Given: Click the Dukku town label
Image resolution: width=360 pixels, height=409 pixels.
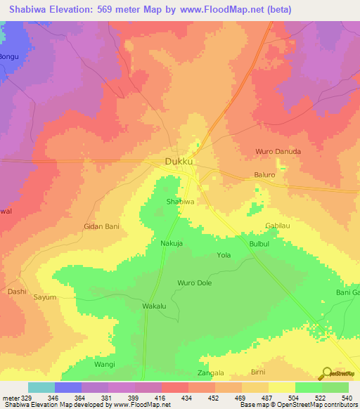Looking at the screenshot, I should tap(179, 162).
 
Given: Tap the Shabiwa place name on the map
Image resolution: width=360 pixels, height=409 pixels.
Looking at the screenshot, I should tap(179, 201).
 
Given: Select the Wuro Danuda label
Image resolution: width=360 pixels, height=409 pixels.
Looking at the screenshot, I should tap(278, 151).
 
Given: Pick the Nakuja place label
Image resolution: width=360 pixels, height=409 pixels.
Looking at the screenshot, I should tap(172, 243).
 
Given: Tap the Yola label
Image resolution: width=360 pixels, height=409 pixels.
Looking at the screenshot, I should tap(224, 255).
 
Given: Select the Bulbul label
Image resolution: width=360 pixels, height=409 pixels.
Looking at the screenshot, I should tap(259, 243).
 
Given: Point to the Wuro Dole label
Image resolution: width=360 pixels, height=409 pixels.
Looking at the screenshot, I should tap(195, 283).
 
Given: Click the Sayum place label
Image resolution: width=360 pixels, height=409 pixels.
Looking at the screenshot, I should tap(45, 297).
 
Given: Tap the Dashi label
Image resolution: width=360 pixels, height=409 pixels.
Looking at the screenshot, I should tap(17, 290).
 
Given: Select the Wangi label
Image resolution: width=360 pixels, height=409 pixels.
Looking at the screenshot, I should tap(104, 365).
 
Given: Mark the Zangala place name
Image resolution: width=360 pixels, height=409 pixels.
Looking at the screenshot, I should tap(210, 373).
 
